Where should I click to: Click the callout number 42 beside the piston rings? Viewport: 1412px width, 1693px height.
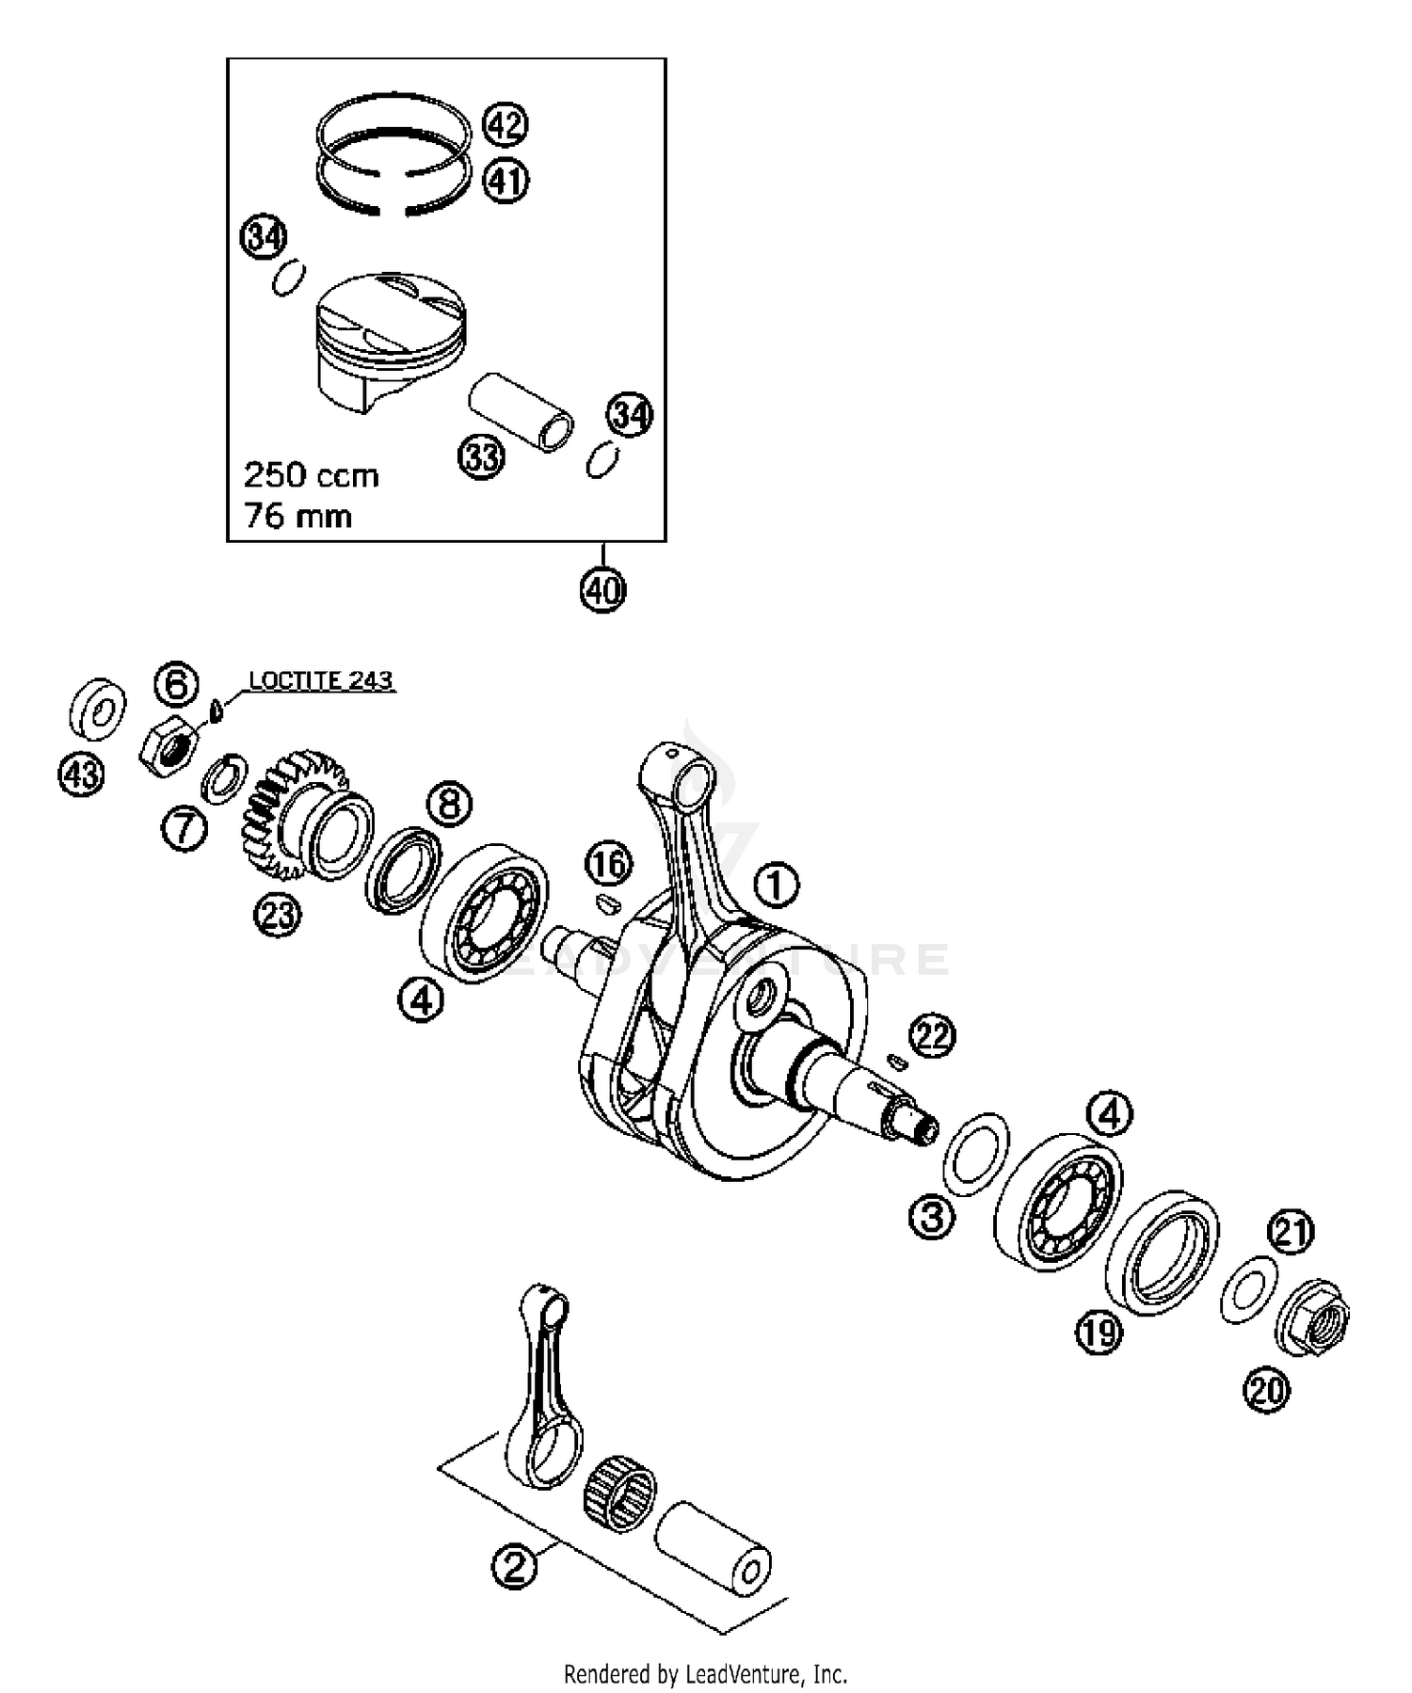[x=505, y=124]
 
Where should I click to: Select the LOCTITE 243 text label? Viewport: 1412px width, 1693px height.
[x=320, y=680]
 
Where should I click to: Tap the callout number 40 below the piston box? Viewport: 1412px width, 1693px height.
[x=602, y=590]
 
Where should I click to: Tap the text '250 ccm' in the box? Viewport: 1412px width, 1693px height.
[x=311, y=475]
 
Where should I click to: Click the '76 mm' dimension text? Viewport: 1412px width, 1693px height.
[x=297, y=517]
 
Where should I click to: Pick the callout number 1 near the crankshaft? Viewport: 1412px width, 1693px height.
[x=776, y=886]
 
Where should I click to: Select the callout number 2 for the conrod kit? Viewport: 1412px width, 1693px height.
[x=514, y=1566]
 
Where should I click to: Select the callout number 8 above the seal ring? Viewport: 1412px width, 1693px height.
[x=449, y=805]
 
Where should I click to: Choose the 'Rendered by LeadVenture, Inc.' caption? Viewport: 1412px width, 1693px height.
[x=705, y=1674]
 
